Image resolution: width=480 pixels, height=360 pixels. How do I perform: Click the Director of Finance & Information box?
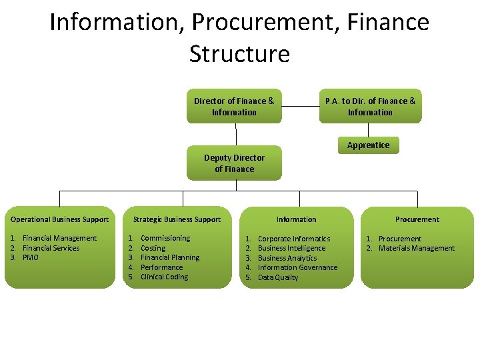(234, 107)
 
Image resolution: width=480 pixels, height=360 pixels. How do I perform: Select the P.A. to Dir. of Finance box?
(370, 107)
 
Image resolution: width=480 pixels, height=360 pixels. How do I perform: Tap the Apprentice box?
(368, 145)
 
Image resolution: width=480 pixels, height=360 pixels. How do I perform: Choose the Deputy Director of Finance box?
(234, 163)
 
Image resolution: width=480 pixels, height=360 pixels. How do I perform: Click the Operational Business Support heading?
(60, 219)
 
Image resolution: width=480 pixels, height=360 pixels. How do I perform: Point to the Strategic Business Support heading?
(177, 219)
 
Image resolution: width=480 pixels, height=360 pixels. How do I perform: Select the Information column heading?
(297, 219)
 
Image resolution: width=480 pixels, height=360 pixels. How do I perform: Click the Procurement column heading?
(417, 219)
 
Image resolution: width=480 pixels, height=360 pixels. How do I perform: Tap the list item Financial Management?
(59, 239)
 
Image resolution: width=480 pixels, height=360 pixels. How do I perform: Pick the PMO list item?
(31, 258)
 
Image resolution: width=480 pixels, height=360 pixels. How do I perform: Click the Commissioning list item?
(165, 238)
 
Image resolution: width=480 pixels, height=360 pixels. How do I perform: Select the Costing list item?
(153, 248)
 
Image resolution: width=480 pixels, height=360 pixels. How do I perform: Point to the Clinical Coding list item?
(165, 277)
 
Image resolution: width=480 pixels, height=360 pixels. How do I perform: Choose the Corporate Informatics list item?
(294, 239)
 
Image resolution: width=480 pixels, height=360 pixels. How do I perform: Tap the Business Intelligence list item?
(292, 249)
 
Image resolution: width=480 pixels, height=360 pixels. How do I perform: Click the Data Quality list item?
(278, 278)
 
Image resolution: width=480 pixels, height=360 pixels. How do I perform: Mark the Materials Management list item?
(417, 249)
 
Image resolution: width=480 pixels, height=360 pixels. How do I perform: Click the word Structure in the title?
(239, 53)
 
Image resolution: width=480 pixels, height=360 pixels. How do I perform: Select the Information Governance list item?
(297, 268)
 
